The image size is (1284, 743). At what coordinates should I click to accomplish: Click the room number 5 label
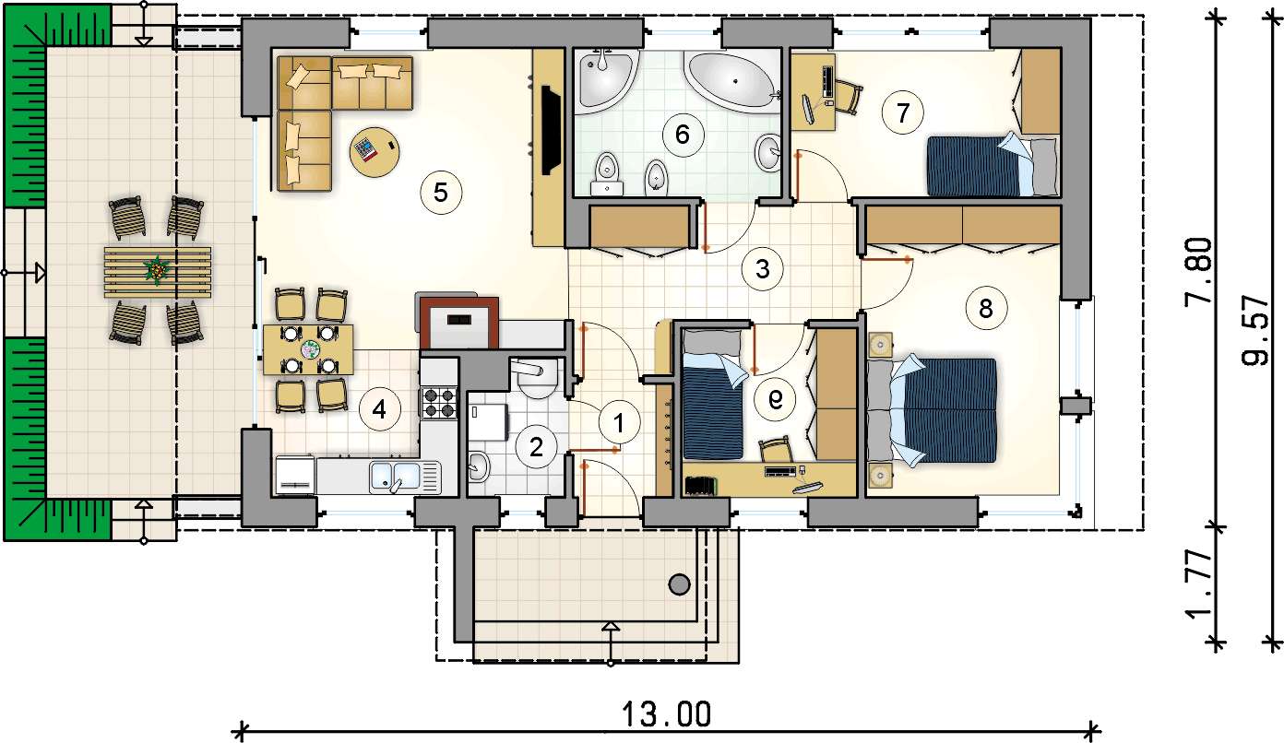[x=441, y=193]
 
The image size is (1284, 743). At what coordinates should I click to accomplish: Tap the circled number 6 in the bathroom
[x=683, y=135]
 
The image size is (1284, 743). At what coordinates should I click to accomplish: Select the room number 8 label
[x=986, y=308]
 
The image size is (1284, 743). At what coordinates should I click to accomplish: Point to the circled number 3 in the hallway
[x=762, y=268]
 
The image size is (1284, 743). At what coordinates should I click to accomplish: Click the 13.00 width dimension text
[x=666, y=714]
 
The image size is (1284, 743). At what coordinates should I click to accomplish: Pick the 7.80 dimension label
[x=1199, y=272]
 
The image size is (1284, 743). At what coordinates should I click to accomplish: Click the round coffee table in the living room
[x=374, y=152]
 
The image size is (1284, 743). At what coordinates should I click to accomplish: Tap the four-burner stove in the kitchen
[x=438, y=403]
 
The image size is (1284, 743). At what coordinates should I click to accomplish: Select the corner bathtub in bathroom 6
[x=733, y=80]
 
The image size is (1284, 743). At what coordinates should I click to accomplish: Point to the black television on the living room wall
[x=551, y=130]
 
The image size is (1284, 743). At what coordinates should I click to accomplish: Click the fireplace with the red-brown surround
[x=459, y=323]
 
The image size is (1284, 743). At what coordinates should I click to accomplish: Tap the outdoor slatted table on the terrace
[x=158, y=273]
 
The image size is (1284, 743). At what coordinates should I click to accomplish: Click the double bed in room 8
[x=932, y=410]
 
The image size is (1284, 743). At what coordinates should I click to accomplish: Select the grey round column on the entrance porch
[x=679, y=584]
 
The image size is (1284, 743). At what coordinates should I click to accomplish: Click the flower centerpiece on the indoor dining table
[x=310, y=348]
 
